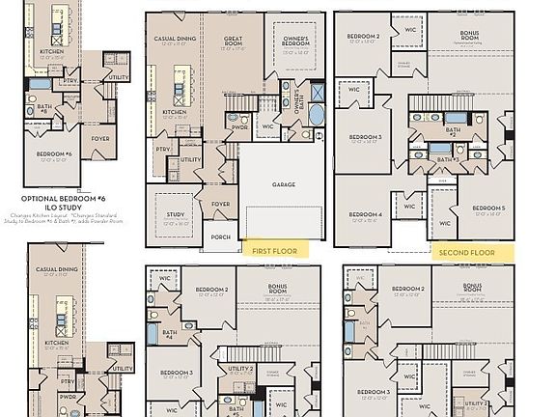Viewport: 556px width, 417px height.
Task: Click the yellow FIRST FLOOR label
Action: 274,250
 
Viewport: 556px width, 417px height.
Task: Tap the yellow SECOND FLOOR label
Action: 466,252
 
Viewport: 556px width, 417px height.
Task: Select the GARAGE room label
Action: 283,184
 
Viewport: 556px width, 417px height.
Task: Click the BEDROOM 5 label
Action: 487,208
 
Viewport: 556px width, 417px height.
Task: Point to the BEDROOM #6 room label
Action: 54,154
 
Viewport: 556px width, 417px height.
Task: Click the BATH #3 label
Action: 445,159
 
